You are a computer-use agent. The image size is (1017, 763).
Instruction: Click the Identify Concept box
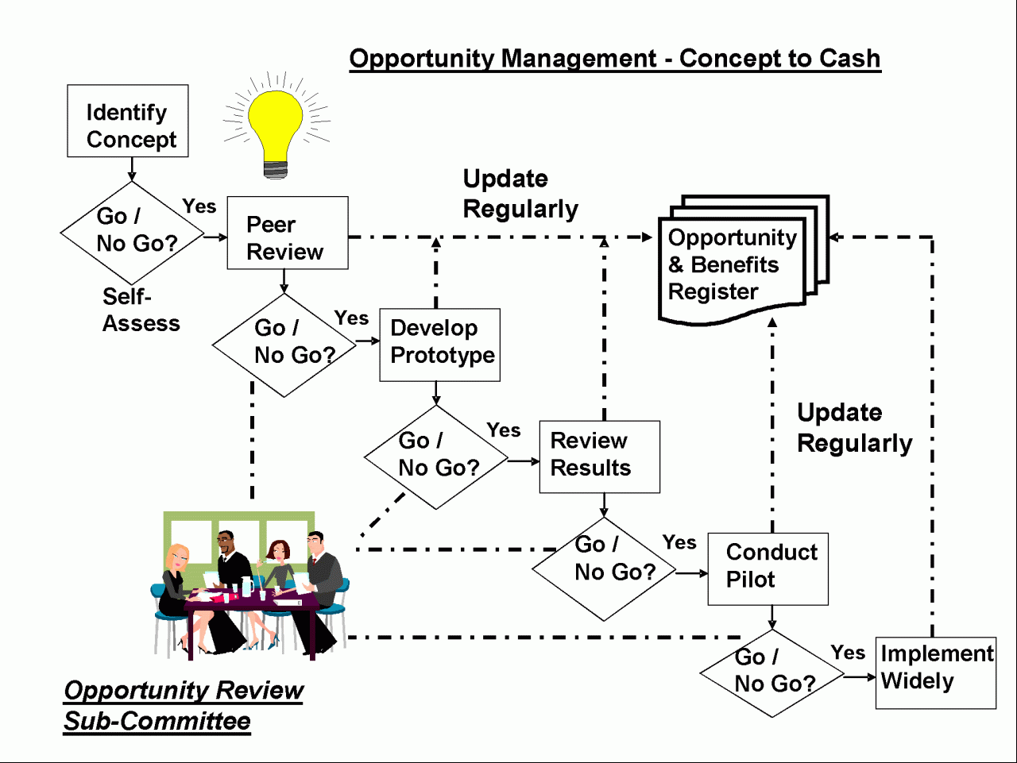[x=128, y=121]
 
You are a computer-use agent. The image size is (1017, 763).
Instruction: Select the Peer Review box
[x=288, y=233]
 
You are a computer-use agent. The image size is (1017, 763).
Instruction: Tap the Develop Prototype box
[x=439, y=345]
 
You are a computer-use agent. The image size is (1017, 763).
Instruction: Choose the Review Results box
[x=600, y=457]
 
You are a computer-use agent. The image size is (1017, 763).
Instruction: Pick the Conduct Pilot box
[x=768, y=569]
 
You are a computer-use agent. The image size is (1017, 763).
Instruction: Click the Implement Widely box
[x=936, y=673]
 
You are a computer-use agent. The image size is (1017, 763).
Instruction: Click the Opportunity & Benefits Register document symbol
[x=744, y=260]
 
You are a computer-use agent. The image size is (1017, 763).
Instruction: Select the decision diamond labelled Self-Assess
[x=132, y=233]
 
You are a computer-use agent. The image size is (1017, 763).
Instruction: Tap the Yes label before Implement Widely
[x=848, y=653]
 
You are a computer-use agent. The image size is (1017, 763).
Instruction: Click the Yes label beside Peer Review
[x=199, y=206]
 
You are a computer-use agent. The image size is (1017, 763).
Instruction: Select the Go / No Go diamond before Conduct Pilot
[x=604, y=569]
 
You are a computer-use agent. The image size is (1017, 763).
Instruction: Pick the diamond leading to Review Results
[x=436, y=457]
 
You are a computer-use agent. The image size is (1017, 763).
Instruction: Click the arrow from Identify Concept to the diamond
[x=132, y=169]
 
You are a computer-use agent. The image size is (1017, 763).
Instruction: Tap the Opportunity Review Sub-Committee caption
[x=184, y=706]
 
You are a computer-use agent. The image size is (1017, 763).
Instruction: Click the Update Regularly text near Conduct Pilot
[x=854, y=427]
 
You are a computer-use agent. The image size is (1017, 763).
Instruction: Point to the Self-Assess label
[x=141, y=310]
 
